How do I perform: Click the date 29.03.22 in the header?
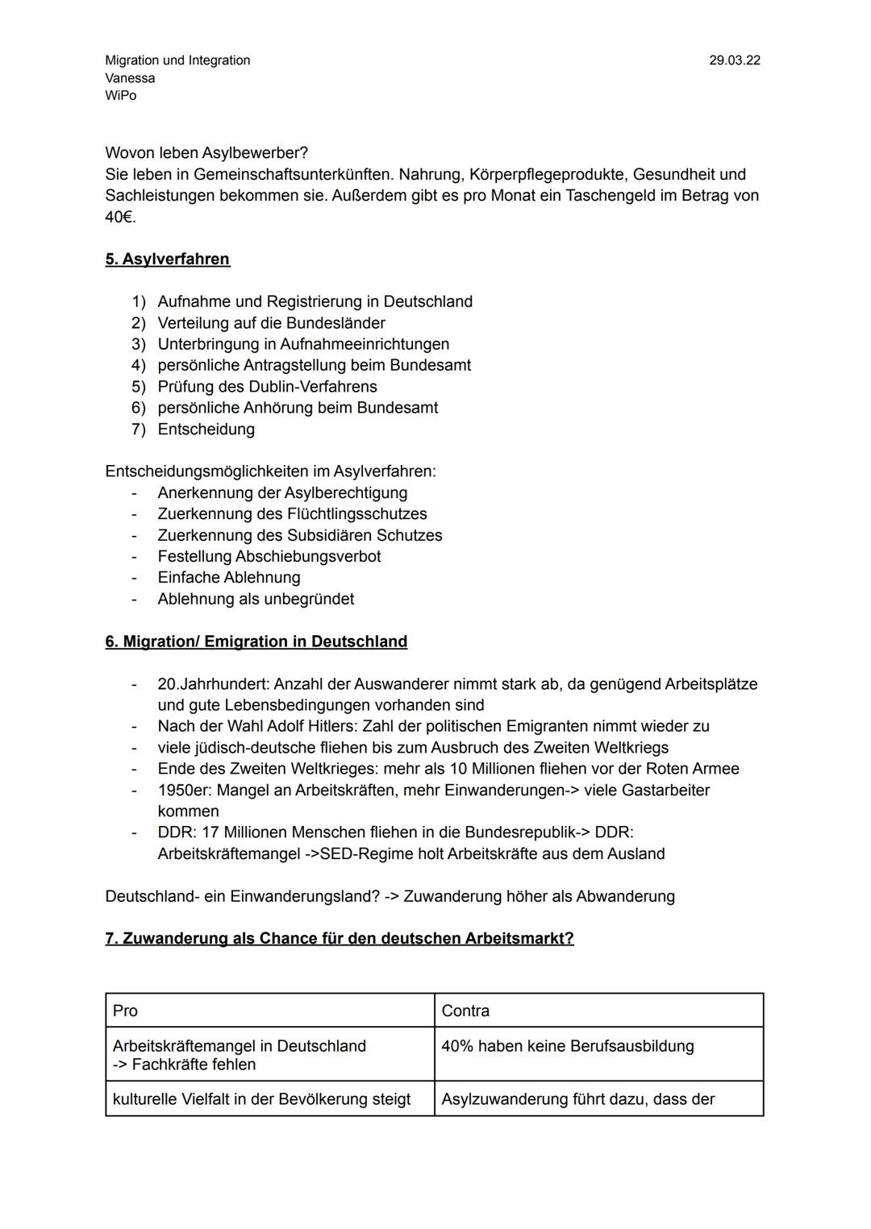(x=734, y=60)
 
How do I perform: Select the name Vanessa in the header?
(x=130, y=78)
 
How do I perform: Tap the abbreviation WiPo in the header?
(x=121, y=95)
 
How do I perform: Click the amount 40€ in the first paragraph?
(x=119, y=217)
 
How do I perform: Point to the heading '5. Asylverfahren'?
(x=167, y=259)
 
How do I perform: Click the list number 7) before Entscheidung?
(x=139, y=430)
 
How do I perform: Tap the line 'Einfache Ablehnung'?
(x=229, y=578)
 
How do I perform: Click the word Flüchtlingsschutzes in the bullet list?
(x=356, y=514)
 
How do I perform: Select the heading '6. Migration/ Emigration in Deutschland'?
(x=256, y=641)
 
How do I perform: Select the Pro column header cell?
(x=269, y=1011)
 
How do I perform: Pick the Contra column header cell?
(x=598, y=1011)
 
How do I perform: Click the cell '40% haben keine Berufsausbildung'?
(x=568, y=1046)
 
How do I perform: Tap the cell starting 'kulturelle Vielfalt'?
(x=261, y=1099)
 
